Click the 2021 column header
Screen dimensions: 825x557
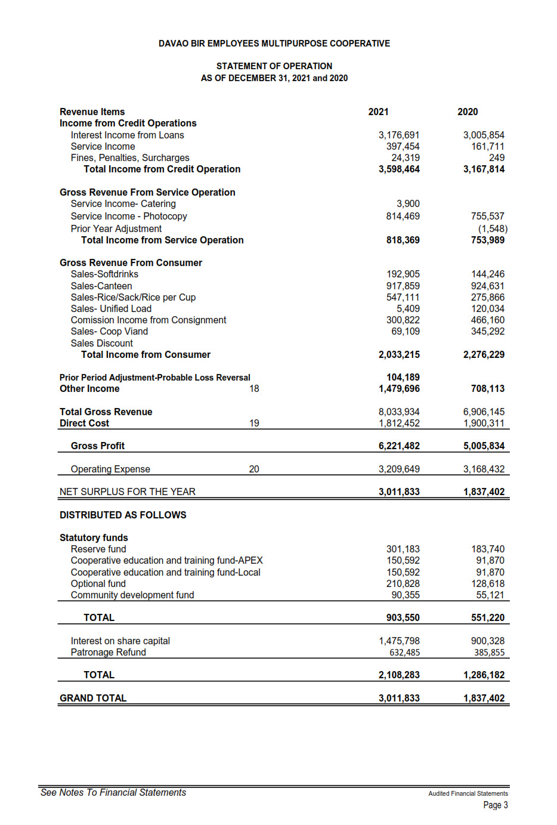pyautogui.click(x=378, y=112)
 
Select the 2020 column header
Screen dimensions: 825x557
pyautogui.click(x=468, y=112)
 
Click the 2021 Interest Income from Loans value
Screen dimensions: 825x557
pyautogui.click(x=399, y=135)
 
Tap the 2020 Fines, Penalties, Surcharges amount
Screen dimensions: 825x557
pyautogui.click(x=496, y=157)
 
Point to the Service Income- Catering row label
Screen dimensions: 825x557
pyautogui.click(x=123, y=203)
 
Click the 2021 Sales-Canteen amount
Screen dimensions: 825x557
pyautogui.click(x=403, y=286)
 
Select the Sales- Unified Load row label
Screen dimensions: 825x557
pyautogui.click(x=111, y=308)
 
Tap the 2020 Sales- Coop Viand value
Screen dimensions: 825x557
pyautogui.click(x=487, y=331)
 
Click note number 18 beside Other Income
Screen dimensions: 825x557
pyautogui.click(x=254, y=388)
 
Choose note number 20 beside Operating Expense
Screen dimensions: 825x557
pyautogui.click(x=254, y=469)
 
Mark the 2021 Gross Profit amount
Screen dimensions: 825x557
pyautogui.click(x=399, y=446)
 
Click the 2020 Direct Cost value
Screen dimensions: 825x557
pyautogui.click(x=484, y=423)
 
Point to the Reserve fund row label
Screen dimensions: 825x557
pyautogui.click(x=98, y=549)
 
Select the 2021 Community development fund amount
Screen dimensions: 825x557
pyautogui.click(x=406, y=595)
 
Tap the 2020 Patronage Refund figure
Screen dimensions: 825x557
pyautogui.click(x=489, y=653)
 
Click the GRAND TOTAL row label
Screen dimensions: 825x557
pyautogui.click(x=93, y=698)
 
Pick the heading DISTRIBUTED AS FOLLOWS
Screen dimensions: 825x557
pyautogui.click(x=123, y=515)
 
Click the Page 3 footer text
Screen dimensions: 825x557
pyautogui.click(x=496, y=805)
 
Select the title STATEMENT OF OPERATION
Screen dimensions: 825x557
pyautogui.click(x=274, y=66)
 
